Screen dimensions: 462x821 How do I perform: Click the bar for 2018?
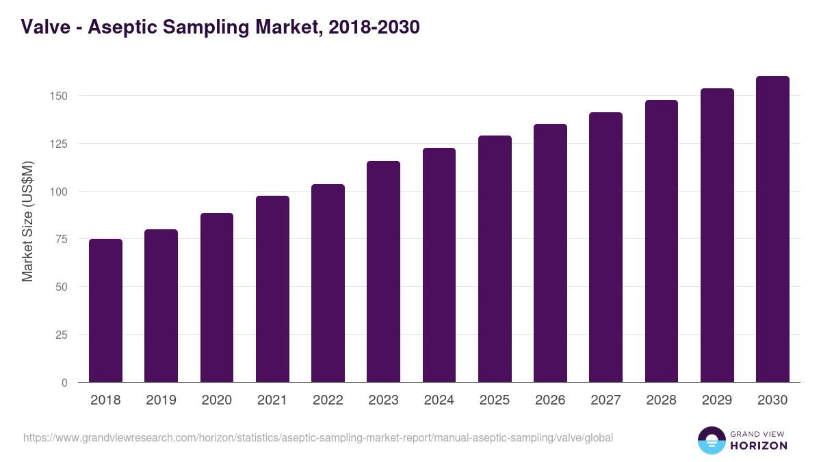tap(105, 311)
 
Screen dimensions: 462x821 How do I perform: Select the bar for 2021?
tap(272, 289)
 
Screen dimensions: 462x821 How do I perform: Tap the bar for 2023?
tap(383, 272)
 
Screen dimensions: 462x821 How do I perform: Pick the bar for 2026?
tap(550, 253)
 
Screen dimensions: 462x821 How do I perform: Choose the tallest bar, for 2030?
tap(772, 229)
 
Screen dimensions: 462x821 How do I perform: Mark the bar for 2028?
tap(661, 241)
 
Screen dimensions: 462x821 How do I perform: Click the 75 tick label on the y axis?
tap(62, 239)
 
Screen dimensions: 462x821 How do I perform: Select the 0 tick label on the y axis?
tap(64, 383)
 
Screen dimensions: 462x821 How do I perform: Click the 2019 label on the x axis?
tap(161, 400)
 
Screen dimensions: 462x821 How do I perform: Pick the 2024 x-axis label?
tap(439, 400)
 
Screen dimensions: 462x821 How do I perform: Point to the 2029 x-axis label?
tap(717, 400)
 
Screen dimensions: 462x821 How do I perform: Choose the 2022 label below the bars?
tap(328, 400)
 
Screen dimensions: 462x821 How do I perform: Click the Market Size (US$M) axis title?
tap(27, 220)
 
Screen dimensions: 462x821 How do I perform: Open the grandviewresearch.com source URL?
tap(318, 437)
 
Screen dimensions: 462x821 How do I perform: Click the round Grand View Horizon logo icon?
tap(712, 440)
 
